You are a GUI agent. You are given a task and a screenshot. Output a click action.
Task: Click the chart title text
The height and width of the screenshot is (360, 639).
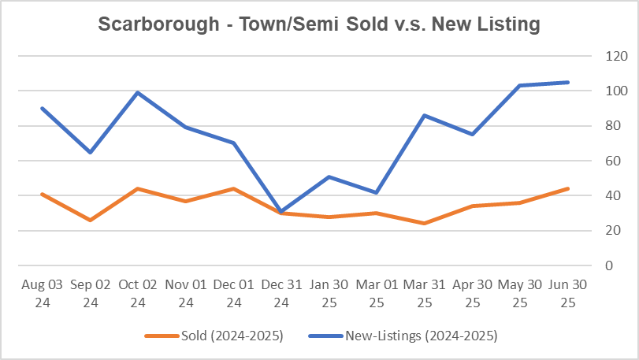tap(319, 24)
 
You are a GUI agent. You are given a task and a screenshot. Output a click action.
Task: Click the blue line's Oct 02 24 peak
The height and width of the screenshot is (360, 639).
tap(137, 92)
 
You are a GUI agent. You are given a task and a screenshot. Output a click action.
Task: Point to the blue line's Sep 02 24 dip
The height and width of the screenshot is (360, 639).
tap(89, 152)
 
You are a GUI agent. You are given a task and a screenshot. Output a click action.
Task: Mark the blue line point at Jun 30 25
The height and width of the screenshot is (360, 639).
tap(568, 82)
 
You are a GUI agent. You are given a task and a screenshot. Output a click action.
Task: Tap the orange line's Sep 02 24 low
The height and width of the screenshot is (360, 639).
tap(89, 220)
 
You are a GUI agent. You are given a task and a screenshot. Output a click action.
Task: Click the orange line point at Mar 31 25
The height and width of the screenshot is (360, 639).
tap(425, 224)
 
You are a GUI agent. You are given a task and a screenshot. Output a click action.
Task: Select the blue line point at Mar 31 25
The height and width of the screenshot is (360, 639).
tap(425, 115)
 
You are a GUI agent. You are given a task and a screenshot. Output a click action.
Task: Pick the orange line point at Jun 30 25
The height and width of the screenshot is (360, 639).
tap(568, 188)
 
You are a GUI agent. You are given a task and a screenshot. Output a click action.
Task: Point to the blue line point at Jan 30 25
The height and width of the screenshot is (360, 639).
tap(329, 176)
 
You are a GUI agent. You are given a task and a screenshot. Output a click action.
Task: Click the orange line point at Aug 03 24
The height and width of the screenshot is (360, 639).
tap(41, 194)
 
